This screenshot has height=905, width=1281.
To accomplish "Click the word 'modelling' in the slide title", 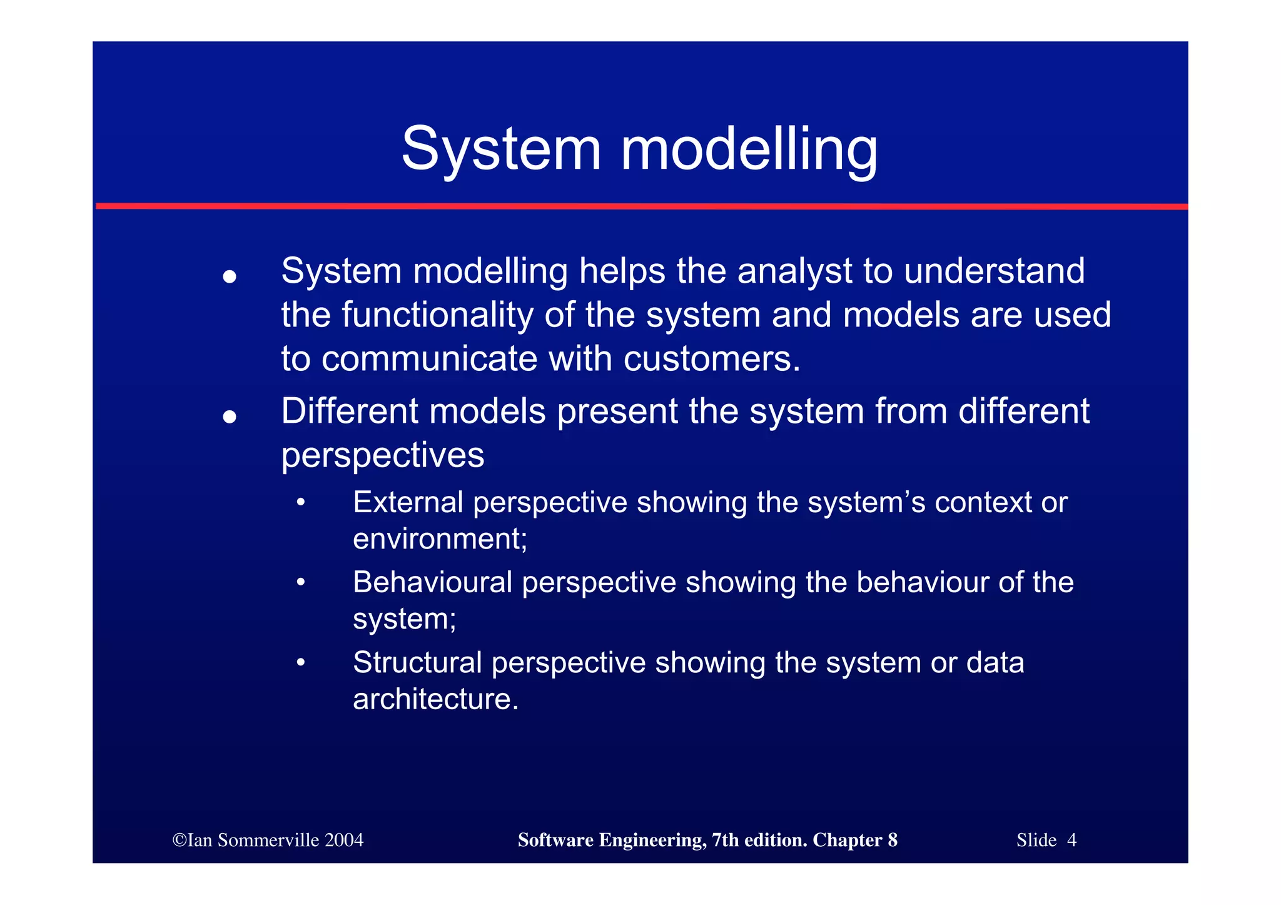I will coord(749,150).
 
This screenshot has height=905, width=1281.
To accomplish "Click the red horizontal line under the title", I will coord(642,206).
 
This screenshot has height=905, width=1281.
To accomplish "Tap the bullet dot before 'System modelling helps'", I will coord(230,276).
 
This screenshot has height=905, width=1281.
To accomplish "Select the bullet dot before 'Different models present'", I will coord(230,417).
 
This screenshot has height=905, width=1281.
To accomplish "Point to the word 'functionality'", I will coord(437,315).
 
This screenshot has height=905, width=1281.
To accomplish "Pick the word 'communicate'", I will coord(430,358).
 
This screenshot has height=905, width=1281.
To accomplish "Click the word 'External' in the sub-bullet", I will coord(407,502).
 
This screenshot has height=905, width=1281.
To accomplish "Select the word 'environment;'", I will coord(440,538).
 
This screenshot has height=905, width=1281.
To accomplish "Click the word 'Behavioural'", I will coord(432,582).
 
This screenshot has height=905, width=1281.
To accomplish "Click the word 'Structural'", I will coord(417,662).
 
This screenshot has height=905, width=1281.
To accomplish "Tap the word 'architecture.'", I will coord(435,699).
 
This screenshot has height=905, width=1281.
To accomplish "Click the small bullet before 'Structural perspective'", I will coord(301,662).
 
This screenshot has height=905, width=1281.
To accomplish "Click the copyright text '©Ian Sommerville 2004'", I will coord(268,840).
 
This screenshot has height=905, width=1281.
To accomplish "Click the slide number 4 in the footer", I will coord(1071,840).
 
